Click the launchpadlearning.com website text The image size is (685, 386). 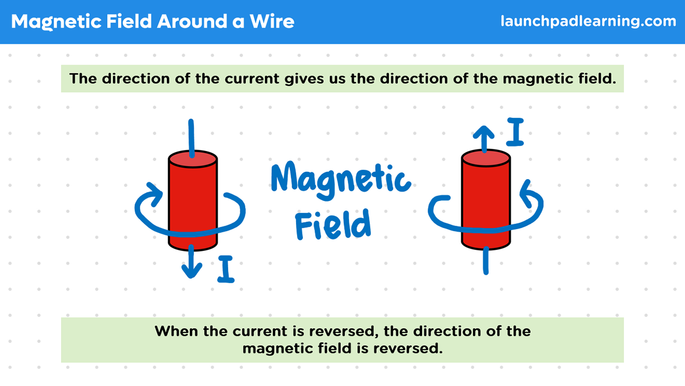click(588, 21)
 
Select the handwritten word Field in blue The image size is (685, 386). click(333, 224)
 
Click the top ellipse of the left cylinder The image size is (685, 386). click(193, 159)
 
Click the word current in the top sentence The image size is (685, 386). click(252, 79)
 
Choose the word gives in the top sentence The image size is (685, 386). click(303, 79)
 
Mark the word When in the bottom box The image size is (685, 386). click(177, 331)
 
